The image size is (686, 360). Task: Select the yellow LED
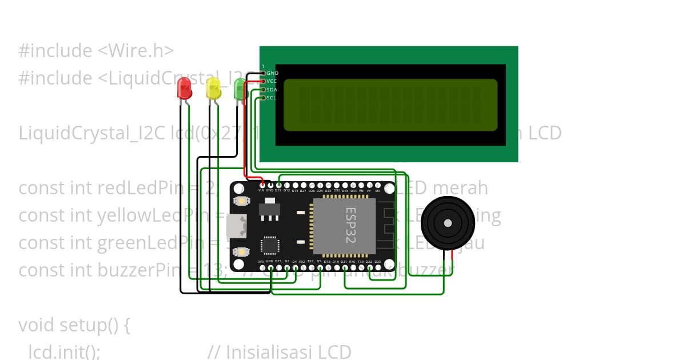[x=213, y=89]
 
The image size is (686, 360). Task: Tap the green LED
[x=240, y=89]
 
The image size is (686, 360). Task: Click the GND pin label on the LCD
[x=273, y=73]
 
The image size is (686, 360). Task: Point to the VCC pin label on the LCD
[x=272, y=82]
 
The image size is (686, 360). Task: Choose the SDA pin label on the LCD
[x=272, y=90]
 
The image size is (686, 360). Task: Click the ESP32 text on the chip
[x=350, y=225]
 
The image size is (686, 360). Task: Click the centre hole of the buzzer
[x=448, y=223]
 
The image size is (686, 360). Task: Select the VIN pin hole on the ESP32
[x=262, y=185]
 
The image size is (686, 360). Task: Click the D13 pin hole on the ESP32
[x=278, y=185]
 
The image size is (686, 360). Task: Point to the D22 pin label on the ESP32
[x=369, y=262]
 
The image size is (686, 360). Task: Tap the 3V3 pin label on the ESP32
[x=261, y=262]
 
